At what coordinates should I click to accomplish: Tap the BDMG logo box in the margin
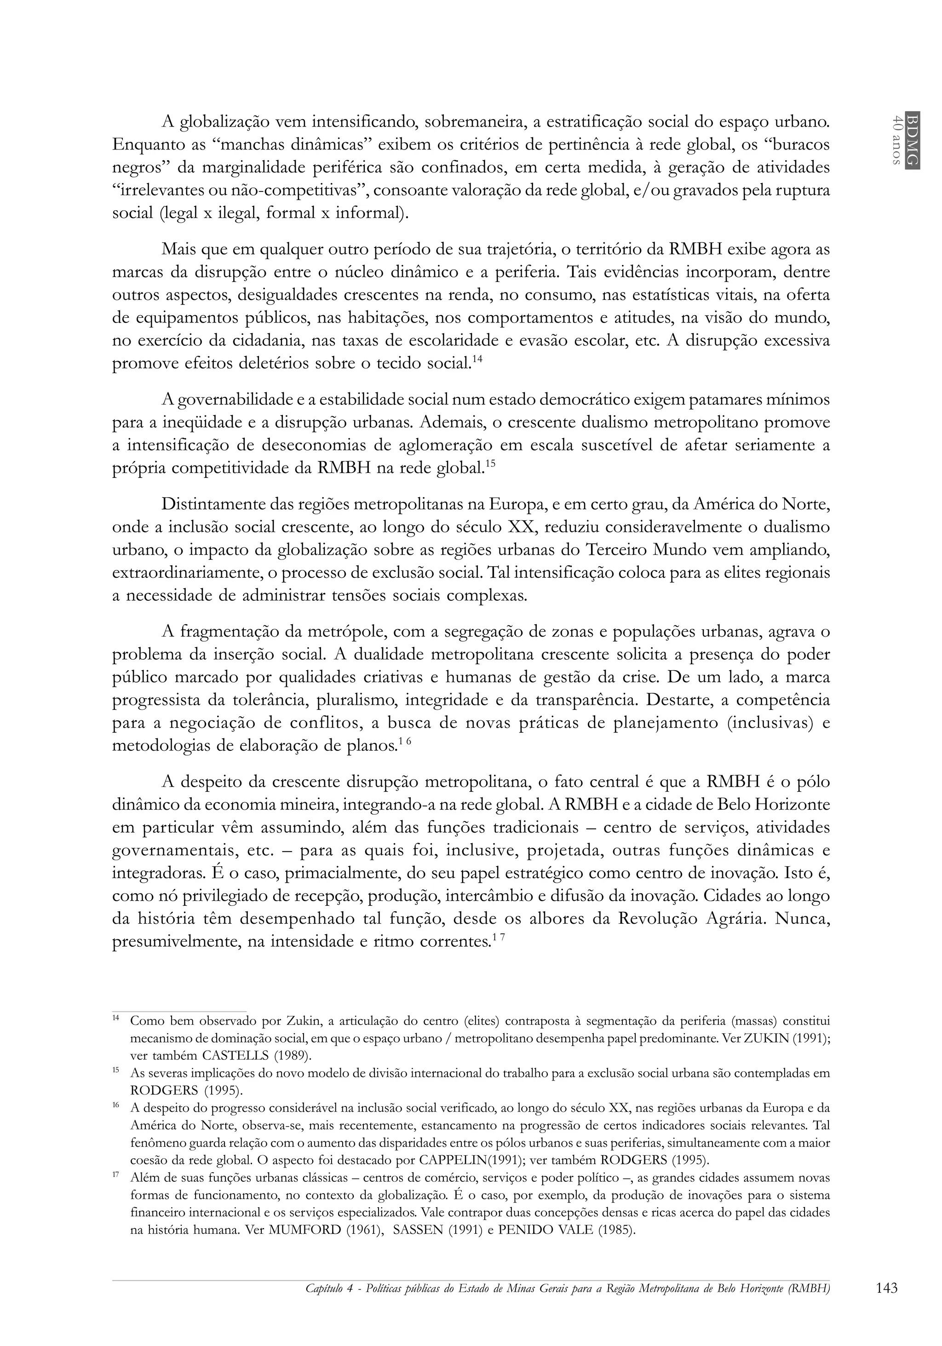(912, 139)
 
